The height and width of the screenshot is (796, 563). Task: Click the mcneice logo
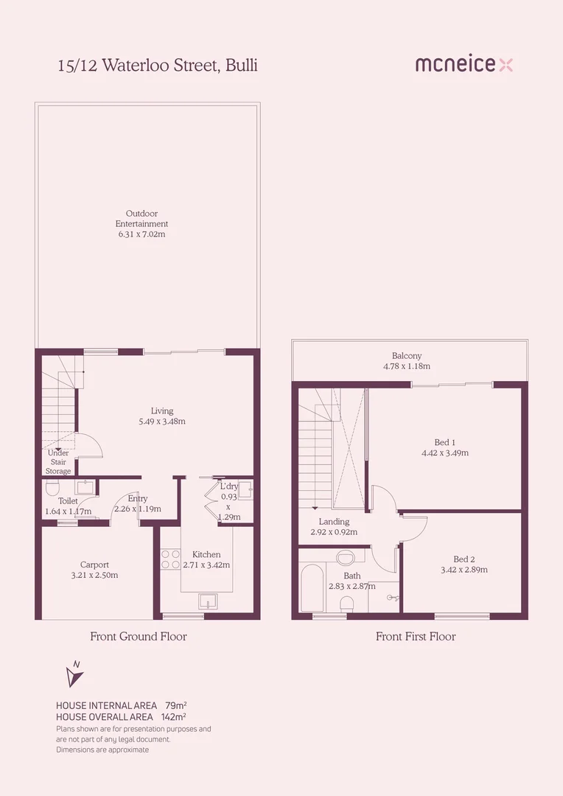click(x=464, y=65)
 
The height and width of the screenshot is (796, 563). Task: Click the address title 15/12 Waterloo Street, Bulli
click(x=158, y=66)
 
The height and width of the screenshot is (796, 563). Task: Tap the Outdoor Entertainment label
click(x=141, y=218)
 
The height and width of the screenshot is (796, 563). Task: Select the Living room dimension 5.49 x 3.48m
click(x=162, y=422)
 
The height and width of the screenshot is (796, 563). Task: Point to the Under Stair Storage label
click(x=58, y=462)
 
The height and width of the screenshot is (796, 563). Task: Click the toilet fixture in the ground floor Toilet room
click(x=52, y=488)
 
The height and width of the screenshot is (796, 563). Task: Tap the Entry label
click(x=138, y=498)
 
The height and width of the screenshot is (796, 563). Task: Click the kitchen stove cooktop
click(x=170, y=559)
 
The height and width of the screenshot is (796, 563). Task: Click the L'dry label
click(x=229, y=486)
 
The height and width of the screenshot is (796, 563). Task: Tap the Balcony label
click(x=407, y=356)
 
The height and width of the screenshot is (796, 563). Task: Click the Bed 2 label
click(x=464, y=559)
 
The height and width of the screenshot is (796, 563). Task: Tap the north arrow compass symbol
click(x=74, y=675)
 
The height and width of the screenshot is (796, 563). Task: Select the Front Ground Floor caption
click(x=139, y=636)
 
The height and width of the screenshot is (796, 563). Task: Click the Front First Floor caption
click(x=416, y=636)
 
